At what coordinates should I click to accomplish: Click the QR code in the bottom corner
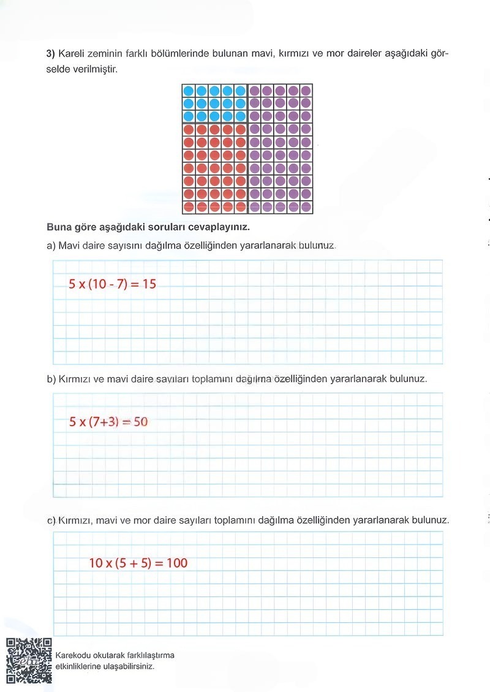tap(29, 660)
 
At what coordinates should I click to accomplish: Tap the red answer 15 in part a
tap(149, 284)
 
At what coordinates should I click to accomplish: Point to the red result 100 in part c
tap(176, 563)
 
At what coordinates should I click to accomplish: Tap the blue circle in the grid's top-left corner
tap(188, 91)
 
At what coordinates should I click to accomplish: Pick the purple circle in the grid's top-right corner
tap(306, 91)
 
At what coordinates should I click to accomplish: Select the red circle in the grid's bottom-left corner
tap(188, 207)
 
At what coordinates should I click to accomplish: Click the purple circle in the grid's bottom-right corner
tap(306, 207)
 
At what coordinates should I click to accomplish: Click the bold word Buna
tap(59, 227)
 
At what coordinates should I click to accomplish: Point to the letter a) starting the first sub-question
tap(51, 246)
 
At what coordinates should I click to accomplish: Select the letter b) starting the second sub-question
tap(51, 379)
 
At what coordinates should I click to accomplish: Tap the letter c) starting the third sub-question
tap(51, 521)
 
